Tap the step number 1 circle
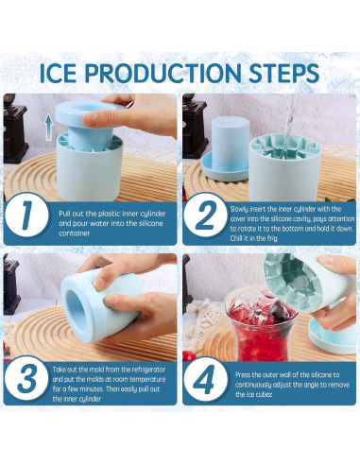(29, 214)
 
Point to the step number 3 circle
(29, 377)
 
